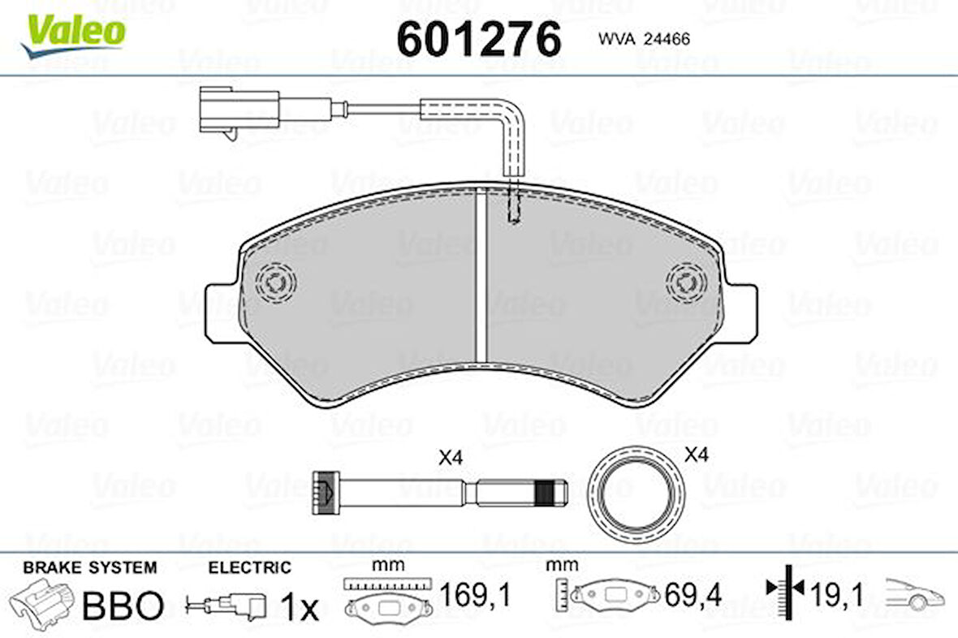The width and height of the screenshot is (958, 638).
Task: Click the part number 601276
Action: click(x=478, y=38)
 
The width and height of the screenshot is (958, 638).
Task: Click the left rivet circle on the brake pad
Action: click(x=275, y=283)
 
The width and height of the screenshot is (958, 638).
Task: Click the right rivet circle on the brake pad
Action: click(x=686, y=283)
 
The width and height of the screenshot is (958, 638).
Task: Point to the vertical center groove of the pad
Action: click(x=480, y=276)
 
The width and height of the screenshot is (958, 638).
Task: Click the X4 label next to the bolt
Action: click(x=450, y=458)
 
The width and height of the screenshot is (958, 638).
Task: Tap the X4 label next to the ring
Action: click(x=697, y=455)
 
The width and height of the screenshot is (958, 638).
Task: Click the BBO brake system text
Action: click(x=124, y=606)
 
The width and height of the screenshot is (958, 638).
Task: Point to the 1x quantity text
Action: click(x=300, y=606)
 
